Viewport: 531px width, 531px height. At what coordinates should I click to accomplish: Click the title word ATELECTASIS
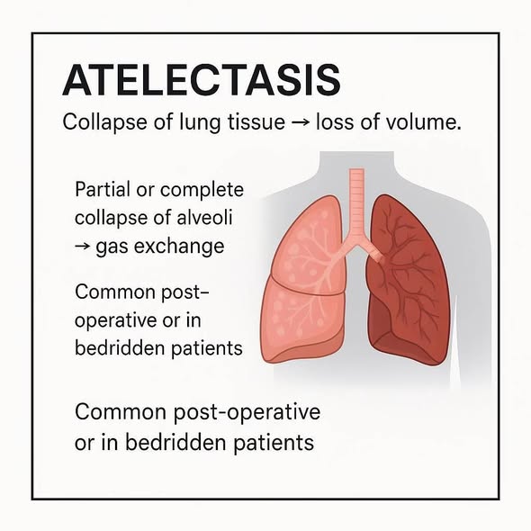(x=202, y=80)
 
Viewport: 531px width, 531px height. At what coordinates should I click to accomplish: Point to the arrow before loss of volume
(x=300, y=123)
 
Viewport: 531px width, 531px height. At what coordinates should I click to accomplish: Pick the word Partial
(x=103, y=189)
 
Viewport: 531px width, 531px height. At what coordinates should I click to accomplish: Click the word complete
(x=202, y=191)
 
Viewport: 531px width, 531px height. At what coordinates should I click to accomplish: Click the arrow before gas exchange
(x=83, y=247)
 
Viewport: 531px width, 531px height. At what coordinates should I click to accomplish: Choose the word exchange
(x=179, y=247)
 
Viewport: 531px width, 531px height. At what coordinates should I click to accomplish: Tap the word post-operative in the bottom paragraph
(x=247, y=413)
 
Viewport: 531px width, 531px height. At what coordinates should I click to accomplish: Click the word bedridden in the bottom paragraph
(x=175, y=442)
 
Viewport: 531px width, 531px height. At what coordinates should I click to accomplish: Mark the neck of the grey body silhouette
(x=356, y=163)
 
